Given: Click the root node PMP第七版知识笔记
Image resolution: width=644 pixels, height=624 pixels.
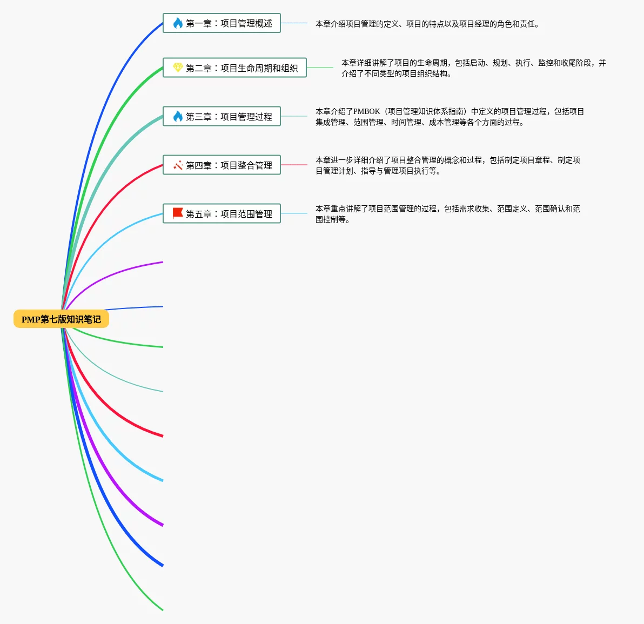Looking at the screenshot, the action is [61, 319].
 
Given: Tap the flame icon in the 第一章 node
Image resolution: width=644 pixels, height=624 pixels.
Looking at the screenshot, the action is [178, 23].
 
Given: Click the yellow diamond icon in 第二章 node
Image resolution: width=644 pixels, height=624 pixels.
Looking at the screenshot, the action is [178, 68].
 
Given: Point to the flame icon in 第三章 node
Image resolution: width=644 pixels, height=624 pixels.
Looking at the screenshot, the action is [178, 116].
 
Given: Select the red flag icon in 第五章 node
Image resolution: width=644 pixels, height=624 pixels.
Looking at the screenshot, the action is [178, 213].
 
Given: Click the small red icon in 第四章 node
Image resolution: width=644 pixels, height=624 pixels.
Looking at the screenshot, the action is [178, 165].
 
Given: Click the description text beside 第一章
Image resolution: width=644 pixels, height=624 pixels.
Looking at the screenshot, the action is [427, 24].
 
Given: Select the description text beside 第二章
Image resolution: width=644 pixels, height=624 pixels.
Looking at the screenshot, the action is [473, 68].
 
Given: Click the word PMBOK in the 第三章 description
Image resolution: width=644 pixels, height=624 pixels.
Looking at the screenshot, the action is [367, 111].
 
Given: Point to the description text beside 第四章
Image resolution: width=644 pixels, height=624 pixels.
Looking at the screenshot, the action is [447, 165].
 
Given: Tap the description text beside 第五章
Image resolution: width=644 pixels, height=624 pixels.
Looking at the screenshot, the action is [447, 214].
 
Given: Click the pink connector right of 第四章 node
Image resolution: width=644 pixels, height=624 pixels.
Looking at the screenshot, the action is [294, 165].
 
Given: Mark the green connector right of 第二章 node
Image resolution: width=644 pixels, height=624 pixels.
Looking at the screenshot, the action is [320, 68].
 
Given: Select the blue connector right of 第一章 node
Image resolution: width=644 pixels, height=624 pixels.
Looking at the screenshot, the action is [294, 23].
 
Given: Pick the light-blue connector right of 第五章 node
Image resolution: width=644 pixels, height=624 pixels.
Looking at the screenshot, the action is [294, 213].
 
